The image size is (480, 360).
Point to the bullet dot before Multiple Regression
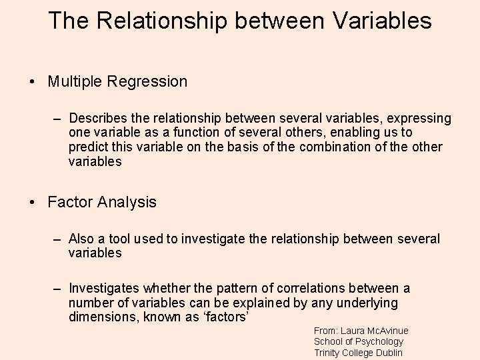tap(32, 82)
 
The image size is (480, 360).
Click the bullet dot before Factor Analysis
tap(32, 203)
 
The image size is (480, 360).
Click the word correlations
tap(276, 288)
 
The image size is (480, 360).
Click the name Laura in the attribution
tap(354, 331)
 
